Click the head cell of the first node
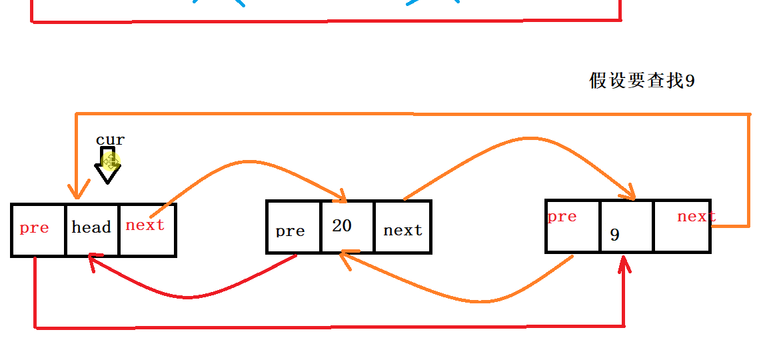coord(92,229)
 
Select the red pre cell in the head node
coord(38,229)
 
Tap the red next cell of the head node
coord(147,229)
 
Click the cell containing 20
coord(347,227)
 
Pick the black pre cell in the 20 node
coord(293,227)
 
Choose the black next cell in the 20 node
coord(402,227)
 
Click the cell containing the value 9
coord(626,226)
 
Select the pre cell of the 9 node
coord(572,225)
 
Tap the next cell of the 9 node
coord(682,225)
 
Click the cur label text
coord(110,140)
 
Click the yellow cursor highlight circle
coord(111,161)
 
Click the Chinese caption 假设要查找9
coord(642,81)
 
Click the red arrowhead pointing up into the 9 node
coord(624,264)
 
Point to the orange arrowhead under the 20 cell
coord(347,259)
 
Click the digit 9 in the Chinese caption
coord(690,81)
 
